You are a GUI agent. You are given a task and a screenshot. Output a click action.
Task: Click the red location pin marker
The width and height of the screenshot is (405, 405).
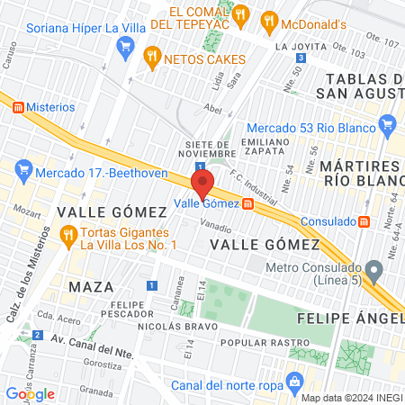click(x=202, y=183)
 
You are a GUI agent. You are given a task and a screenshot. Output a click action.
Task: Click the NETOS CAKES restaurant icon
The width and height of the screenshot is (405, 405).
click(x=152, y=59)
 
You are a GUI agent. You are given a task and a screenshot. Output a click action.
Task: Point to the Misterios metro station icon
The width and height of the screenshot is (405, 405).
click(x=18, y=107)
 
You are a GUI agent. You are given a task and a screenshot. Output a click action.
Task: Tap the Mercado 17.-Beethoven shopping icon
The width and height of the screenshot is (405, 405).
click(x=24, y=168)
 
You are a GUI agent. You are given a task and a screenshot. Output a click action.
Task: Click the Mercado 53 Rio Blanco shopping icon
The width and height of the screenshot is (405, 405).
click(x=388, y=123)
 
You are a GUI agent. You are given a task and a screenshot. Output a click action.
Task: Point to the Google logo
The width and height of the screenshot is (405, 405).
click(x=31, y=393)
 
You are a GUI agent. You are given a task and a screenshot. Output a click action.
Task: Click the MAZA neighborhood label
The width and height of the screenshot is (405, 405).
click(x=90, y=286)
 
